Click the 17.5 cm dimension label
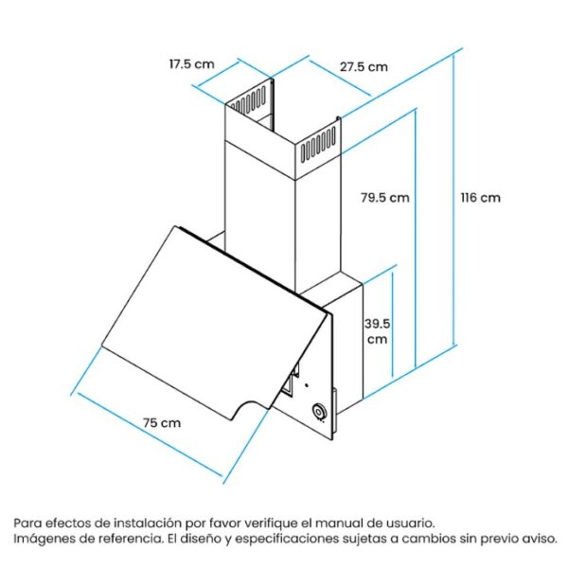191,64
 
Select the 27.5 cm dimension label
364,67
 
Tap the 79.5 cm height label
385,198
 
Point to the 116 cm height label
480,198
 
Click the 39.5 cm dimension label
377,331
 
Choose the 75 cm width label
162,423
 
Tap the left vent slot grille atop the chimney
248,99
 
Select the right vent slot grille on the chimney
317,145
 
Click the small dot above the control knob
307,385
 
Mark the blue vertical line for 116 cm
453,199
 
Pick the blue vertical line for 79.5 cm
416,239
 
